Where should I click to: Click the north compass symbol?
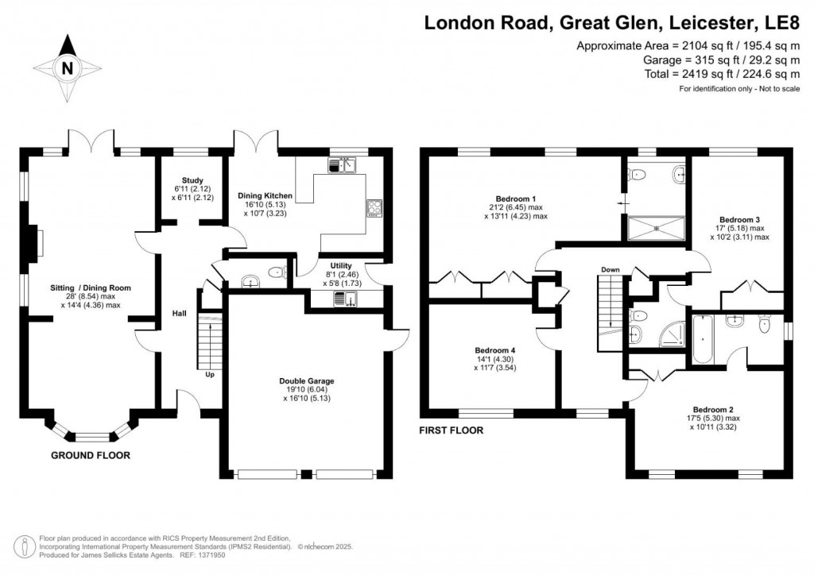[67, 68]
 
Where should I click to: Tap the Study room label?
[192, 179]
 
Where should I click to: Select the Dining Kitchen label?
[265, 195]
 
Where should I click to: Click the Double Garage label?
[306, 381]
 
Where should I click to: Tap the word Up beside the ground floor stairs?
[210, 374]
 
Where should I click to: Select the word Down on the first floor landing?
[610, 270]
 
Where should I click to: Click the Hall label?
[180, 314]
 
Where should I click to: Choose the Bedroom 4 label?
[495, 350]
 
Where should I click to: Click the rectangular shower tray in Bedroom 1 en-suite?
[656, 229]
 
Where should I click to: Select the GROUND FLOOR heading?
[90, 456]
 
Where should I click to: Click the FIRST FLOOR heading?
[451, 431]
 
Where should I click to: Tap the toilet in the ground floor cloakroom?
[277, 274]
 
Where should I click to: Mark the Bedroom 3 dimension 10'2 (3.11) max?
[740, 237]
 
